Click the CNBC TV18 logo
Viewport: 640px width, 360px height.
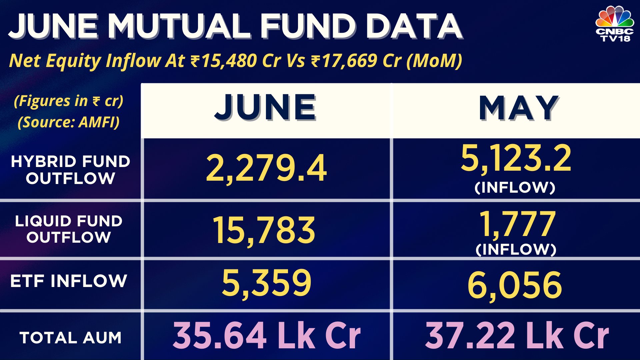tap(614, 24)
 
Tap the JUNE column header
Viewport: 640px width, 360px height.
tap(265, 107)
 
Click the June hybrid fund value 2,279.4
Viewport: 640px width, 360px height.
tap(266, 168)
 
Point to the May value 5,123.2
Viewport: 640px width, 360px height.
tap(516, 158)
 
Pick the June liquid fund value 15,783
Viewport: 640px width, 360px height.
tap(264, 230)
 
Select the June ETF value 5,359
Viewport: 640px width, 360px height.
tap(266, 283)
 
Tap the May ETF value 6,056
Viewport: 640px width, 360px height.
tap(515, 285)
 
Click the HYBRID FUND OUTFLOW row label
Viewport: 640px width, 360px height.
tap(70, 170)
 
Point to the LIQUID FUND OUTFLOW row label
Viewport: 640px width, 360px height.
tap(69, 229)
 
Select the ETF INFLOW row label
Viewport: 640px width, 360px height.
tap(69, 281)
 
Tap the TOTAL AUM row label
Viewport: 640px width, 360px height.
tap(70, 338)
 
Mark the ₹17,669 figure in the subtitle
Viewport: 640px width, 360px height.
tap(344, 61)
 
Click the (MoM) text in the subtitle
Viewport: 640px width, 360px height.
tap(434, 61)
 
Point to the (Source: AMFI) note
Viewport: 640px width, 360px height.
tap(69, 122)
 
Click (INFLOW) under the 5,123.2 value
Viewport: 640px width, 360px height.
tap(515, 187)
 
